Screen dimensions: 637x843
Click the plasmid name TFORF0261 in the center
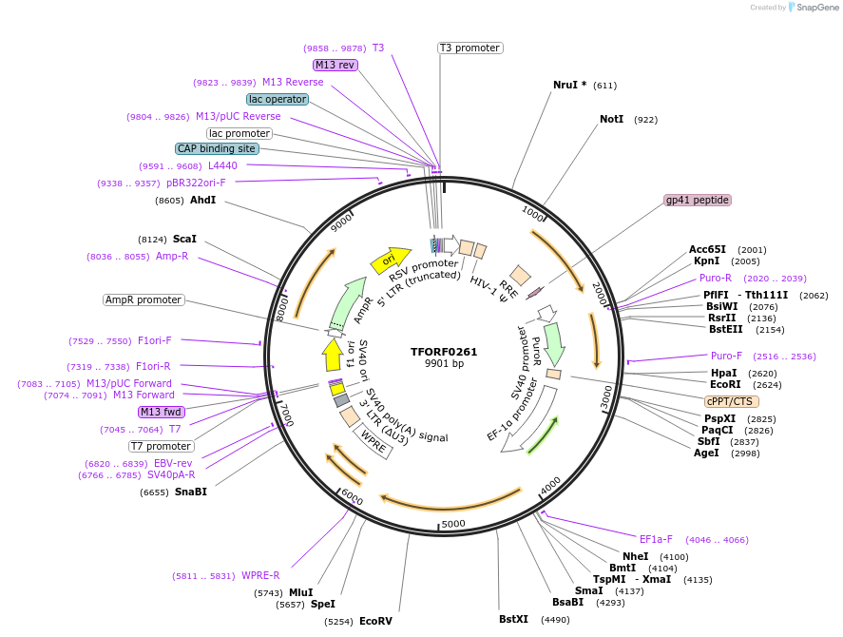(444, 351)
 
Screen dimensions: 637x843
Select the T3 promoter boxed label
(469, 48)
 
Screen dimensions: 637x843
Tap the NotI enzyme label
(611, 120)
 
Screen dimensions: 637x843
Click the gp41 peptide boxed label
(698, 200)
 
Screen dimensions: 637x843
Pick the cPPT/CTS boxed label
(732, 401)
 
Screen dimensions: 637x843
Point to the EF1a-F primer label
(656, 539)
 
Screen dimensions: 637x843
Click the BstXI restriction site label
(513, 619)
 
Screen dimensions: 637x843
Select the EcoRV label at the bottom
(375, 621)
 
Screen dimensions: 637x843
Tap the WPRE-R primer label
(260, 575)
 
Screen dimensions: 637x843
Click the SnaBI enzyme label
(190, 492)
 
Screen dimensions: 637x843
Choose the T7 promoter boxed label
(162, 446)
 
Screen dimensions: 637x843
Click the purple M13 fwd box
(161, 412)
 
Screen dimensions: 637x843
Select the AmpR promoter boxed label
(143, 299)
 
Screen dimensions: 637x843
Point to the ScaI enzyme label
(184, 239)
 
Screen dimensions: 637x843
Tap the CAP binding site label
(217, 148)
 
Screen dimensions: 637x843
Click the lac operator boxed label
(277, 99)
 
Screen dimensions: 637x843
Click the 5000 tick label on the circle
(453, 523)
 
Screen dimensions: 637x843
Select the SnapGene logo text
(816, 8)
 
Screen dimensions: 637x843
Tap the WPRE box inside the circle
(373, 443)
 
